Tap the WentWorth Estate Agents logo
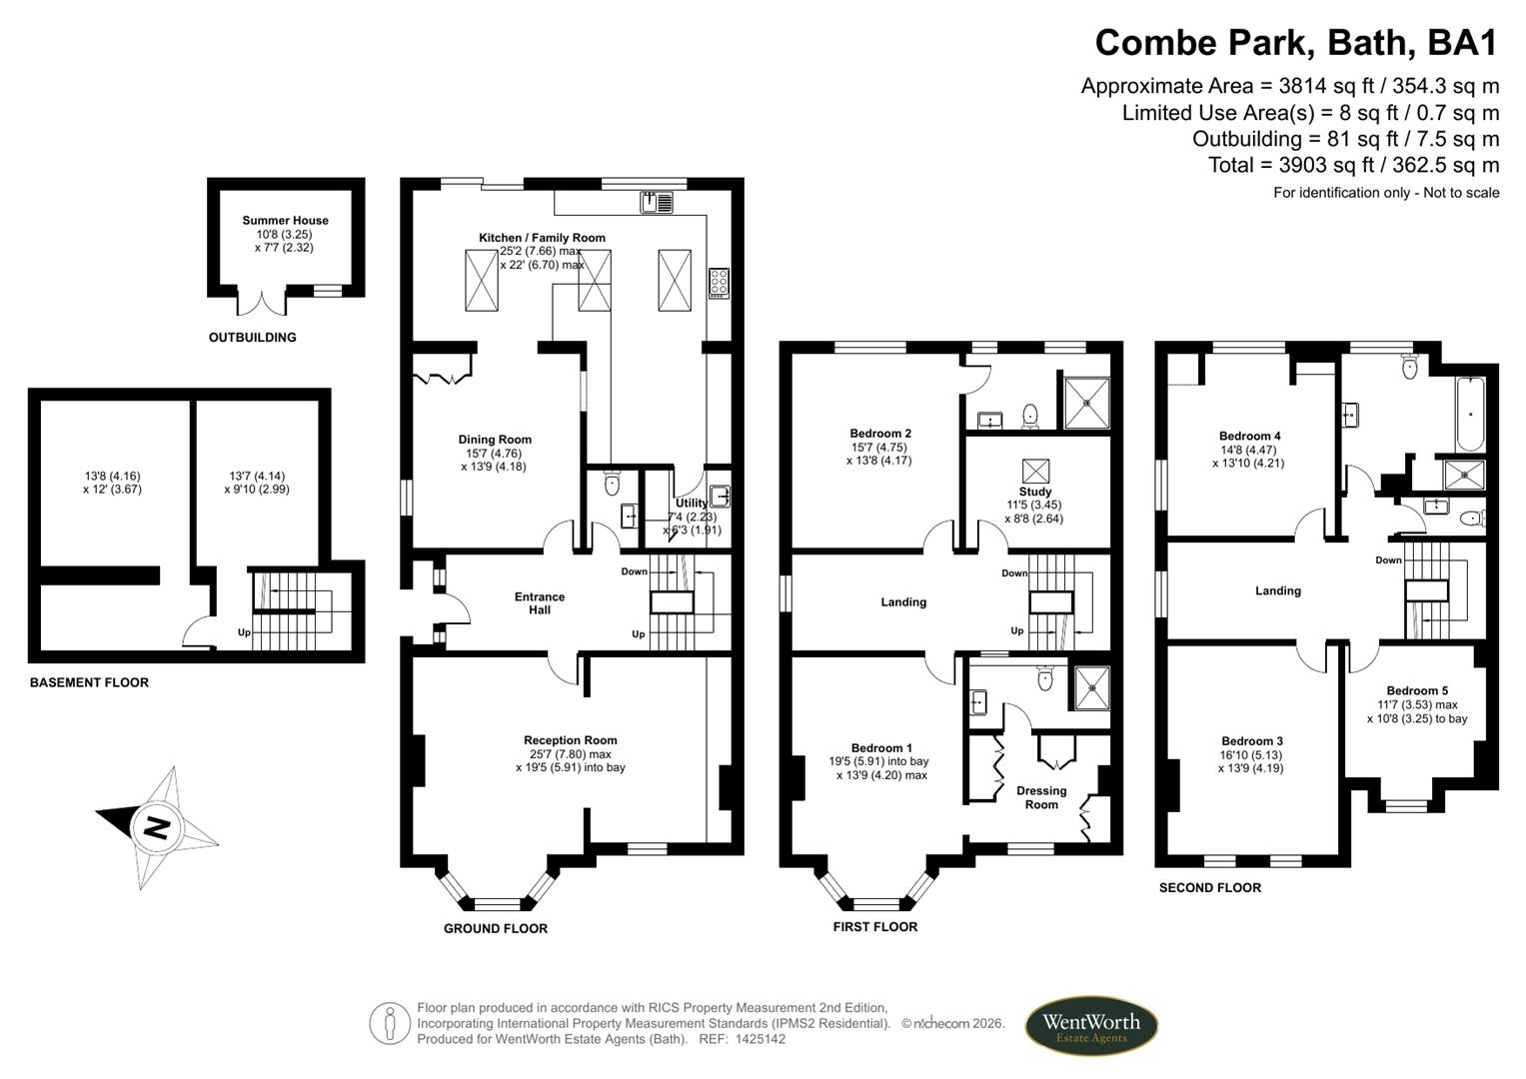point(1091,1026)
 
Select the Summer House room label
point(285,221)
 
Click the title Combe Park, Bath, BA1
point(1296,43)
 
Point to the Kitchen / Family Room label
point(542,238)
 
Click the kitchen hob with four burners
point(718,283)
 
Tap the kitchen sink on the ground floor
point(657,202)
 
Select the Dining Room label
point(495,440)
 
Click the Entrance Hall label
point(540,602)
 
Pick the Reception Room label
point(572,740)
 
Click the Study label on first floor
point(1035,492)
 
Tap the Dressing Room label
point(1041,797)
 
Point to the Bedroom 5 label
point(1416,690)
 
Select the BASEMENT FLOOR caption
point(89,682)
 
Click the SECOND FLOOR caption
point(1209,887)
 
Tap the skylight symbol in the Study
point(1035,470)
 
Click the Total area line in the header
point(1353,165)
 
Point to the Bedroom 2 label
point(879,434)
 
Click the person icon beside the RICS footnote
point(390,1024)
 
